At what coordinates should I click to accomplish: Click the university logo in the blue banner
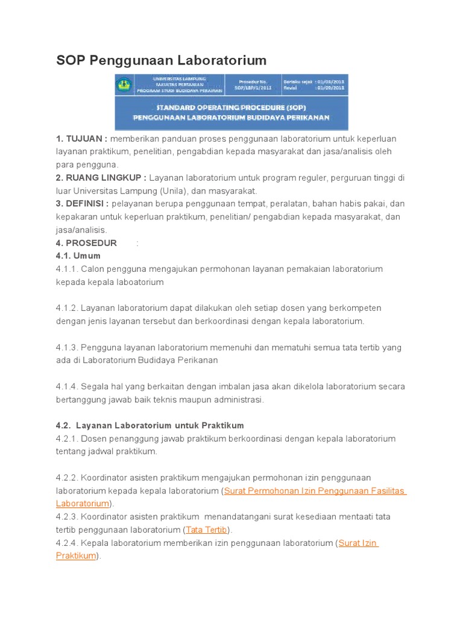[x=124, y=84]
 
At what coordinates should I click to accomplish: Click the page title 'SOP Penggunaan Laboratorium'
[x=161, y=60]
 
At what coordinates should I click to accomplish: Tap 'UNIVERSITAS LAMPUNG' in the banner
[x=179, y=78]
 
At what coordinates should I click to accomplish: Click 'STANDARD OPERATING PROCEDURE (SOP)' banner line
[x=231, y=108]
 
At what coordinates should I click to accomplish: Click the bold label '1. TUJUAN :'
[x=81, y=139]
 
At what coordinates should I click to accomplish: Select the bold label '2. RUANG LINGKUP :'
[x=101, y=178]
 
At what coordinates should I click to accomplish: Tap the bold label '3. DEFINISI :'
[x=82, y=204]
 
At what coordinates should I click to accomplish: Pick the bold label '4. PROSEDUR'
[x=86, y=243]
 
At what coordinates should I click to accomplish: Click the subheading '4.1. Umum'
[x=78, y=256]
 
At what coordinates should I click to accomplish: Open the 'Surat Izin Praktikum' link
[x=358, y=543]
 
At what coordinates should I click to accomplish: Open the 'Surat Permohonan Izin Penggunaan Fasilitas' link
[x=315, y=491]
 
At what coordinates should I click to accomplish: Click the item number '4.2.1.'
[x=67, y=439]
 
